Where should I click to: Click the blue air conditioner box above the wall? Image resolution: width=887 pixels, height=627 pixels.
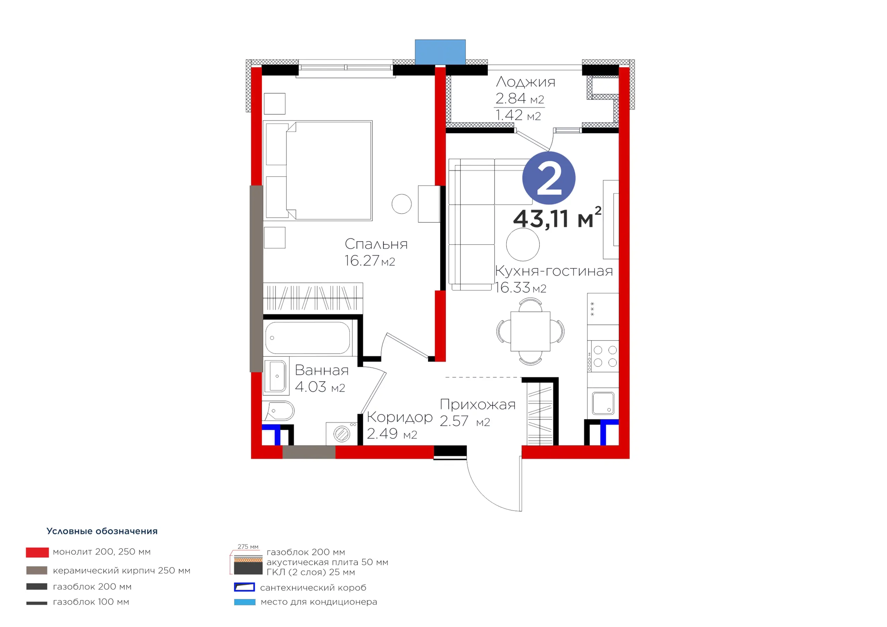tap(440, 52)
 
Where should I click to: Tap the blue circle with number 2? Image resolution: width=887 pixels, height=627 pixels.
tap(548, 178)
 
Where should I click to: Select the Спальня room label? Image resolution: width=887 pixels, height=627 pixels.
tap(376, 244)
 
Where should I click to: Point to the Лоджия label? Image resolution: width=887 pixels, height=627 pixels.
tap(525, 81)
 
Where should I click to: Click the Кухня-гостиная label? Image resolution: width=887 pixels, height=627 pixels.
tap(554, 271)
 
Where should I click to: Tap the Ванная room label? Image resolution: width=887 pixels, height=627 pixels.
tap(322, 370)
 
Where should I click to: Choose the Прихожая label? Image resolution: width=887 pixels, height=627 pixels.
tap(477, 405)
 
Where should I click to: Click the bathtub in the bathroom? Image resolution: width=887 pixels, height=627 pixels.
tap(308, 338)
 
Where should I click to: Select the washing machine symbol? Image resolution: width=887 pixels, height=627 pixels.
tap(342, 433)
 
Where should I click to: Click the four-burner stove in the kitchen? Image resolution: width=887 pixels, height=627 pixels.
tap(603, 356)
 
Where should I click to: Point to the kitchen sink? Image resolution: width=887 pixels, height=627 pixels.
tap(603, 403)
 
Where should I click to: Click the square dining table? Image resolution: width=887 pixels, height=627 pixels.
tap(530, 331)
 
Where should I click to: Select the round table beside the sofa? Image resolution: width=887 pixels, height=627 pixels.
tap(523, 245)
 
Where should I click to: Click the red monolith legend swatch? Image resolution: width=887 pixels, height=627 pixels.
tap(37, 553)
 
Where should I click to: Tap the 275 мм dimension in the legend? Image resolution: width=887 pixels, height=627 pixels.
tap(248, 547)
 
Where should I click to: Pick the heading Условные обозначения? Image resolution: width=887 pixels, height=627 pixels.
tap(102, 531)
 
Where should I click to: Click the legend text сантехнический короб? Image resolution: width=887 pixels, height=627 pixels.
tap(313, 588)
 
